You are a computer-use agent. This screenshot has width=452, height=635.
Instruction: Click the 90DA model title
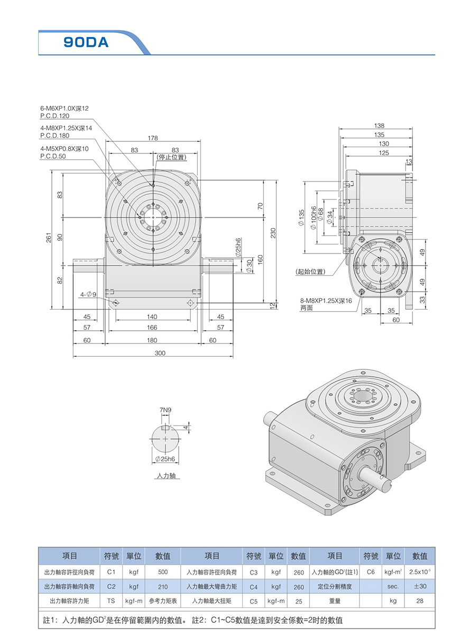click(x=86, y=42)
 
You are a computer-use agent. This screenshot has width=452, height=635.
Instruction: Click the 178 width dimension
click(x=153, y=138)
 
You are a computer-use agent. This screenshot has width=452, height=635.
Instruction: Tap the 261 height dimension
click(x=48, y=239)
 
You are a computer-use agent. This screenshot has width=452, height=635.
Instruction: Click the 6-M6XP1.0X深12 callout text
click(x=64, y=108)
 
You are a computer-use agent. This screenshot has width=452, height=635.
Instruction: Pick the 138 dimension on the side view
click(x=379, y=126)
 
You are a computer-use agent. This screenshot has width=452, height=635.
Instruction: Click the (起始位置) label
click(x=310, y=271)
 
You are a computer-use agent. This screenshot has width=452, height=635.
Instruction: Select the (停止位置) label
click(x=171, y=157)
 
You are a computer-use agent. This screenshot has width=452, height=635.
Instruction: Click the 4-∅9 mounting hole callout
click(x=88, y=294)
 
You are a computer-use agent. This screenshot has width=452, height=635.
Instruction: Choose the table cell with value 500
click(x=163, y=572)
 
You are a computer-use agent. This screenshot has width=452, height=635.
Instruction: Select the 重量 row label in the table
click(x=335, y=601)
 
